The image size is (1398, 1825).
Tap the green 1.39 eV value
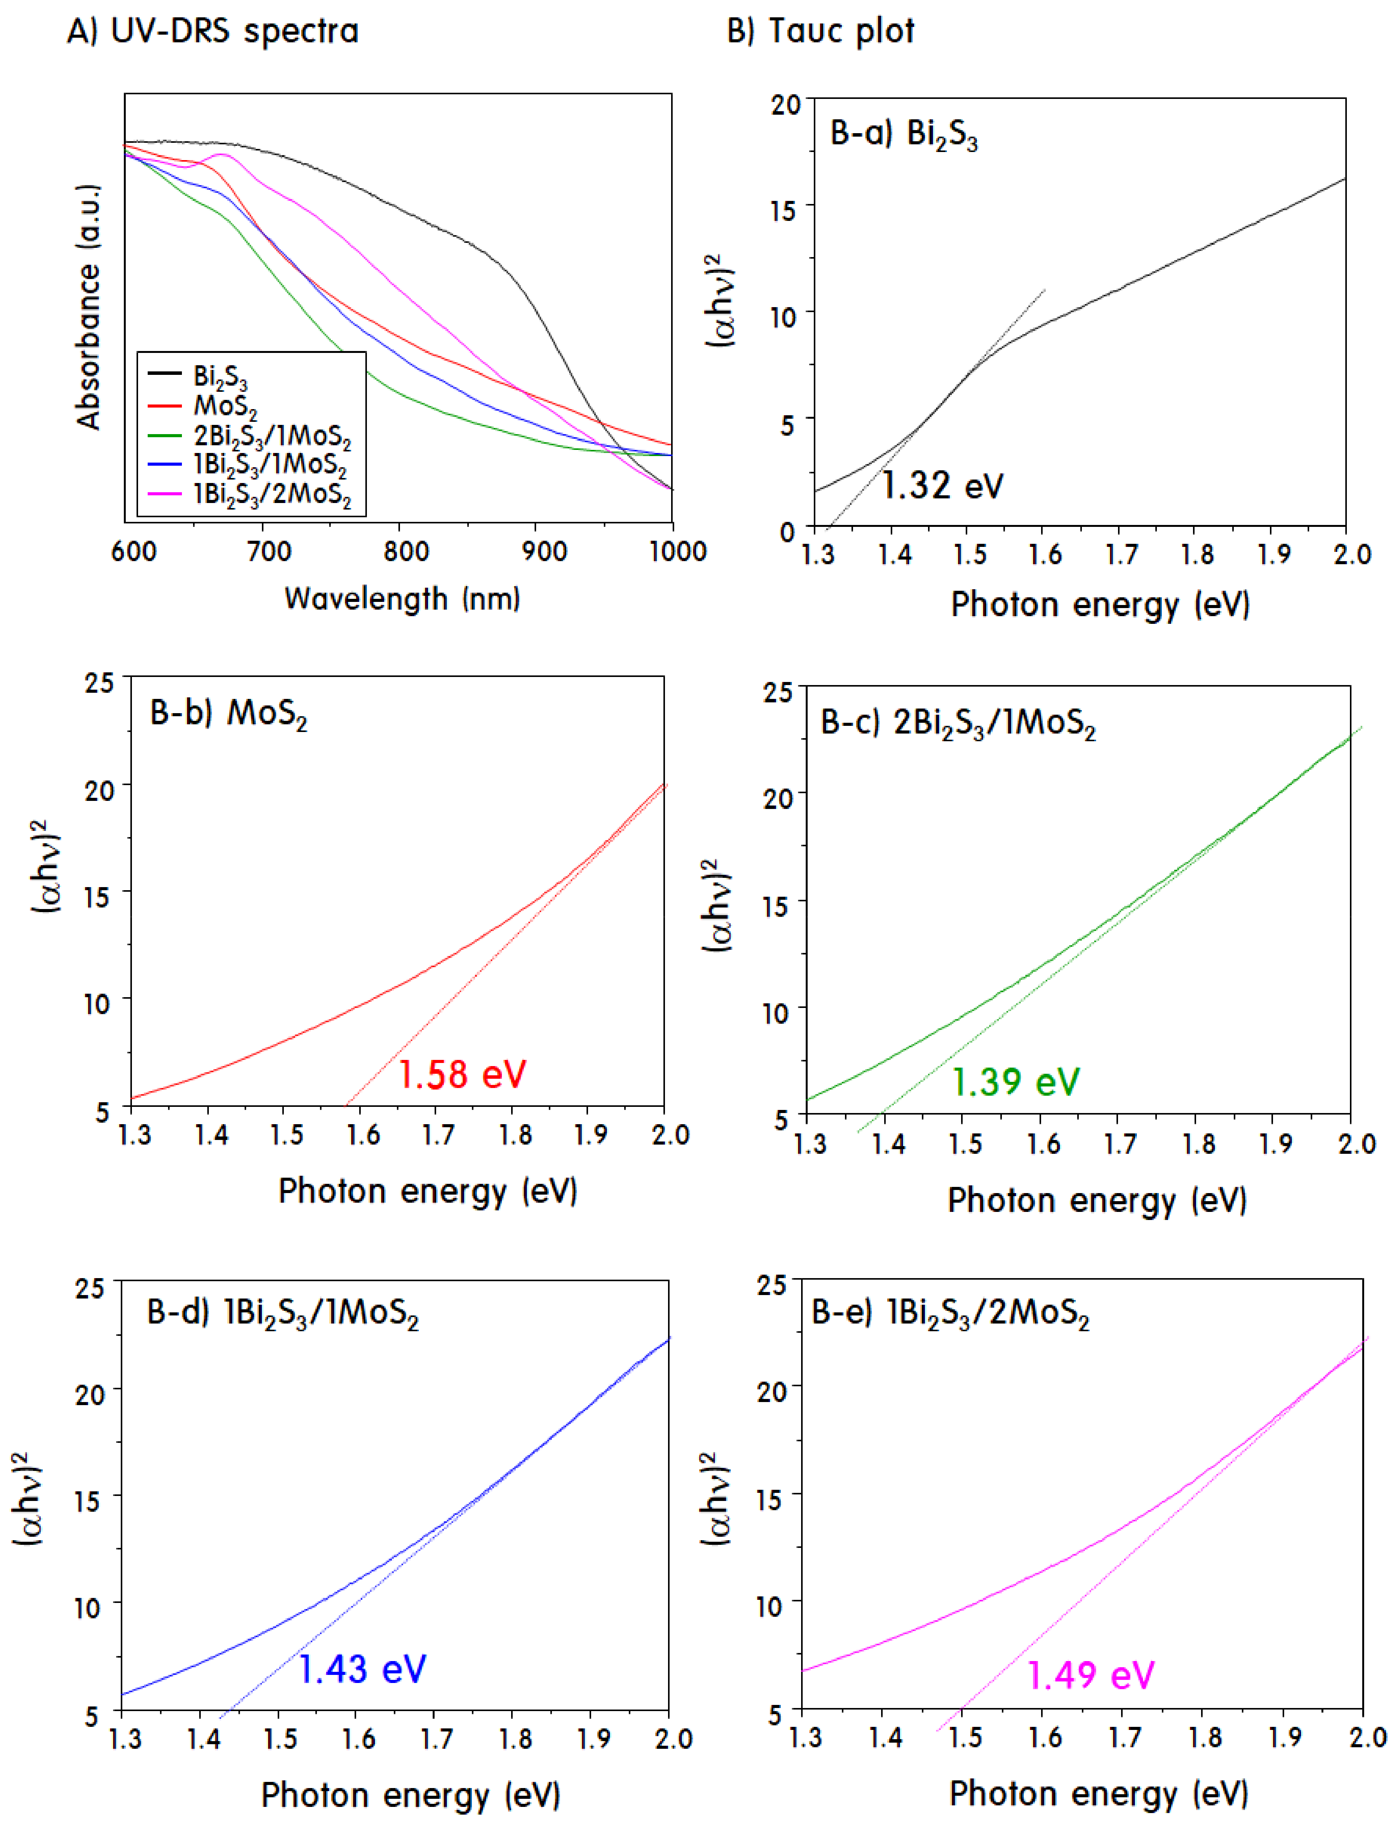tap(1015, 1081)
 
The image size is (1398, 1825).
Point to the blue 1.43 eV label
tap(362, 1669)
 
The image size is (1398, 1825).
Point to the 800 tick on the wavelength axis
tap(405, 551)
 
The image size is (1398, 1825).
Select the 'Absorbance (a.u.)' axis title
tap(88, 306)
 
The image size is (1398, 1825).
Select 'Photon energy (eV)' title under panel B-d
tap(410, 1796)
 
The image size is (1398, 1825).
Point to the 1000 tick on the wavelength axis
tap(677, 551)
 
